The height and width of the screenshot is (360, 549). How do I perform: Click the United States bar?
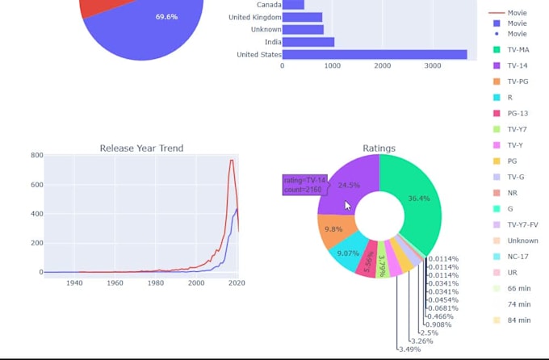click(x=375, y=55)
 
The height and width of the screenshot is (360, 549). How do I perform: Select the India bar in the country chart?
click(x=308, y=42)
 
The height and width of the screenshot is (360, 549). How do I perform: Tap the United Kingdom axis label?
click(x=255, y=17)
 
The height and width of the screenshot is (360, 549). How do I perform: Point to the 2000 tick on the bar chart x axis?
click(x=383, y=66)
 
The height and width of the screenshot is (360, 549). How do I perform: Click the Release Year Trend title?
click(x=141, y=148)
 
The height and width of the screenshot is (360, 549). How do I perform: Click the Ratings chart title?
click(x=379, y=148)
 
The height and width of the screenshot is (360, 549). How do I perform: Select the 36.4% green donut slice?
click(x=416, y=198)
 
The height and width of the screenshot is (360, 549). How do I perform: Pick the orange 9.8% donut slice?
click(x=333, y=228)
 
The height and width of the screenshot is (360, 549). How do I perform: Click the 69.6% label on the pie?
click(x=167, y=17)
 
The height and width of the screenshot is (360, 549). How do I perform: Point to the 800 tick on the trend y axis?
click(x=37, y=155)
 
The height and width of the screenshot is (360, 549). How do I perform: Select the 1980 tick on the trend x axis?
click(x=156, y=283)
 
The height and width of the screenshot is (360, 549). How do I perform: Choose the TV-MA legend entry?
click(x=518, y=50)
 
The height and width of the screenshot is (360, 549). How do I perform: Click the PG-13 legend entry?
click(x=518, y=113)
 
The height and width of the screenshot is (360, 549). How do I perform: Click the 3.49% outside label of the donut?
click(x=409, y=350)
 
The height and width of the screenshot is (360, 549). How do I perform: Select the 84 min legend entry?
click(x=518, y=320)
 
